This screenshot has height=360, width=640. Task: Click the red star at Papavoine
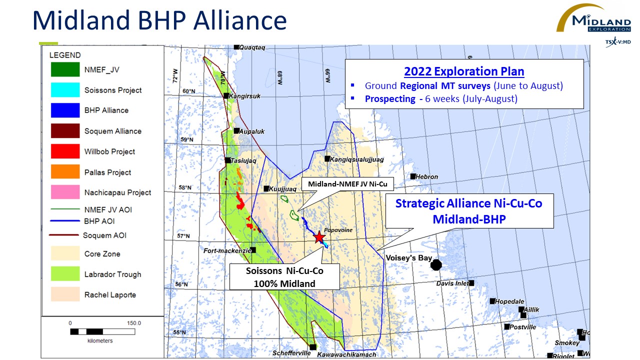tap(319, 237)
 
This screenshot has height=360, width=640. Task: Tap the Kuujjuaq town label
tap(282, 189)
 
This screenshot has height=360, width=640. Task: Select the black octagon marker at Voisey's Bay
tap(436, 265)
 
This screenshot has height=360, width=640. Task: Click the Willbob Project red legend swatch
tap(65, 151)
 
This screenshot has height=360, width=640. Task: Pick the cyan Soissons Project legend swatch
tap(65, 89)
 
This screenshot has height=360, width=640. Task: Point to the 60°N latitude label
tap(189, 91)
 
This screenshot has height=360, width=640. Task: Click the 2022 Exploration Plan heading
tap(464, 71)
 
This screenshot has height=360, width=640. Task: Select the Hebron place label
tap(426, 177)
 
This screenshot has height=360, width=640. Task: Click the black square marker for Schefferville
tap(313, 347)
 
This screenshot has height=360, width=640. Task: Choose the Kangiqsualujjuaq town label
tap(356, 159)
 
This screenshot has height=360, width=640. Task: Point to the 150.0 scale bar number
tap(134, 323)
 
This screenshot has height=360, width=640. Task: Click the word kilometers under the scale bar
tap(100, 340)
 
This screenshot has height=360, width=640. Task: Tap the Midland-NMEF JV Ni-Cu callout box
tap(347, 184)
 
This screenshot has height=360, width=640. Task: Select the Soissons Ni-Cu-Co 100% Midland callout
tap(284, 277)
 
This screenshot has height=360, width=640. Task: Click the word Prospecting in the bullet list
tap(390, 99)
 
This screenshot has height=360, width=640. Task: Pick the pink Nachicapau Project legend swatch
tap(65, 192)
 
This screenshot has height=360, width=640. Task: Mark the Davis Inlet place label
tap(452, 283)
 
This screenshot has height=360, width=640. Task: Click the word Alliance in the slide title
tap(240, 20)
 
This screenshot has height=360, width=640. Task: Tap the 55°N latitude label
tap(179, 332)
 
